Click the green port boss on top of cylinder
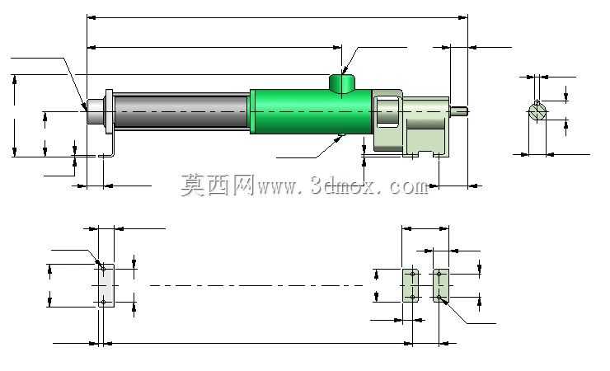pyautogui.click(x=342, y=82)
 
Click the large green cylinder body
pyautogui.click(x=311, y=112)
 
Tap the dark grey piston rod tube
pyautogui.click(x=181, y=111)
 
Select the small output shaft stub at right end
pyautogui.click(x=458, y=111)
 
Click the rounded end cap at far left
pyautogui.click(x=96, y=112)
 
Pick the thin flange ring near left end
pyautogui.click(x=110, y=111)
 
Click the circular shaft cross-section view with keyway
pyautogui.click(x=537, y=110)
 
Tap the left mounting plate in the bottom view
pyautogui.click(x=106, y=286)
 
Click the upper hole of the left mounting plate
pyautogui.click(x=104, y=269)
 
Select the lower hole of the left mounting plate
pyautogui.click(x=104, y=303)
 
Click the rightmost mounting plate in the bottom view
pyautogui.click(x=441, y=285)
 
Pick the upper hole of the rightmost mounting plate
pyautogui.click(x=439, y=275)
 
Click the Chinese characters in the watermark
pyautogui.click(x=218, y=185)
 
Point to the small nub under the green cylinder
pyautogui.click(x=341, y=135)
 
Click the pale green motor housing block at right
pyautogui.click(x=411, y=124)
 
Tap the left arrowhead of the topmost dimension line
pyautogui.click(x=91, y=17)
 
